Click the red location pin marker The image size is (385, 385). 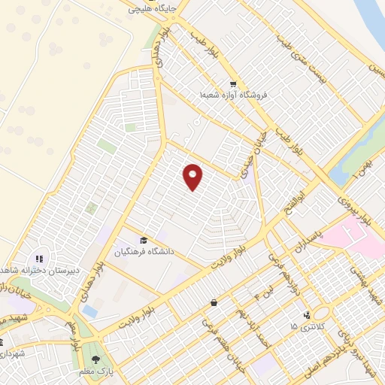(x=193, y=177)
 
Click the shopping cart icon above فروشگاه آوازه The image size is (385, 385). (x=233, y=84)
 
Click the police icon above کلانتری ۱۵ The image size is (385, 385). (x=306, y=314)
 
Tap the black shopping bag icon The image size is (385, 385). (x=214, y=303)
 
